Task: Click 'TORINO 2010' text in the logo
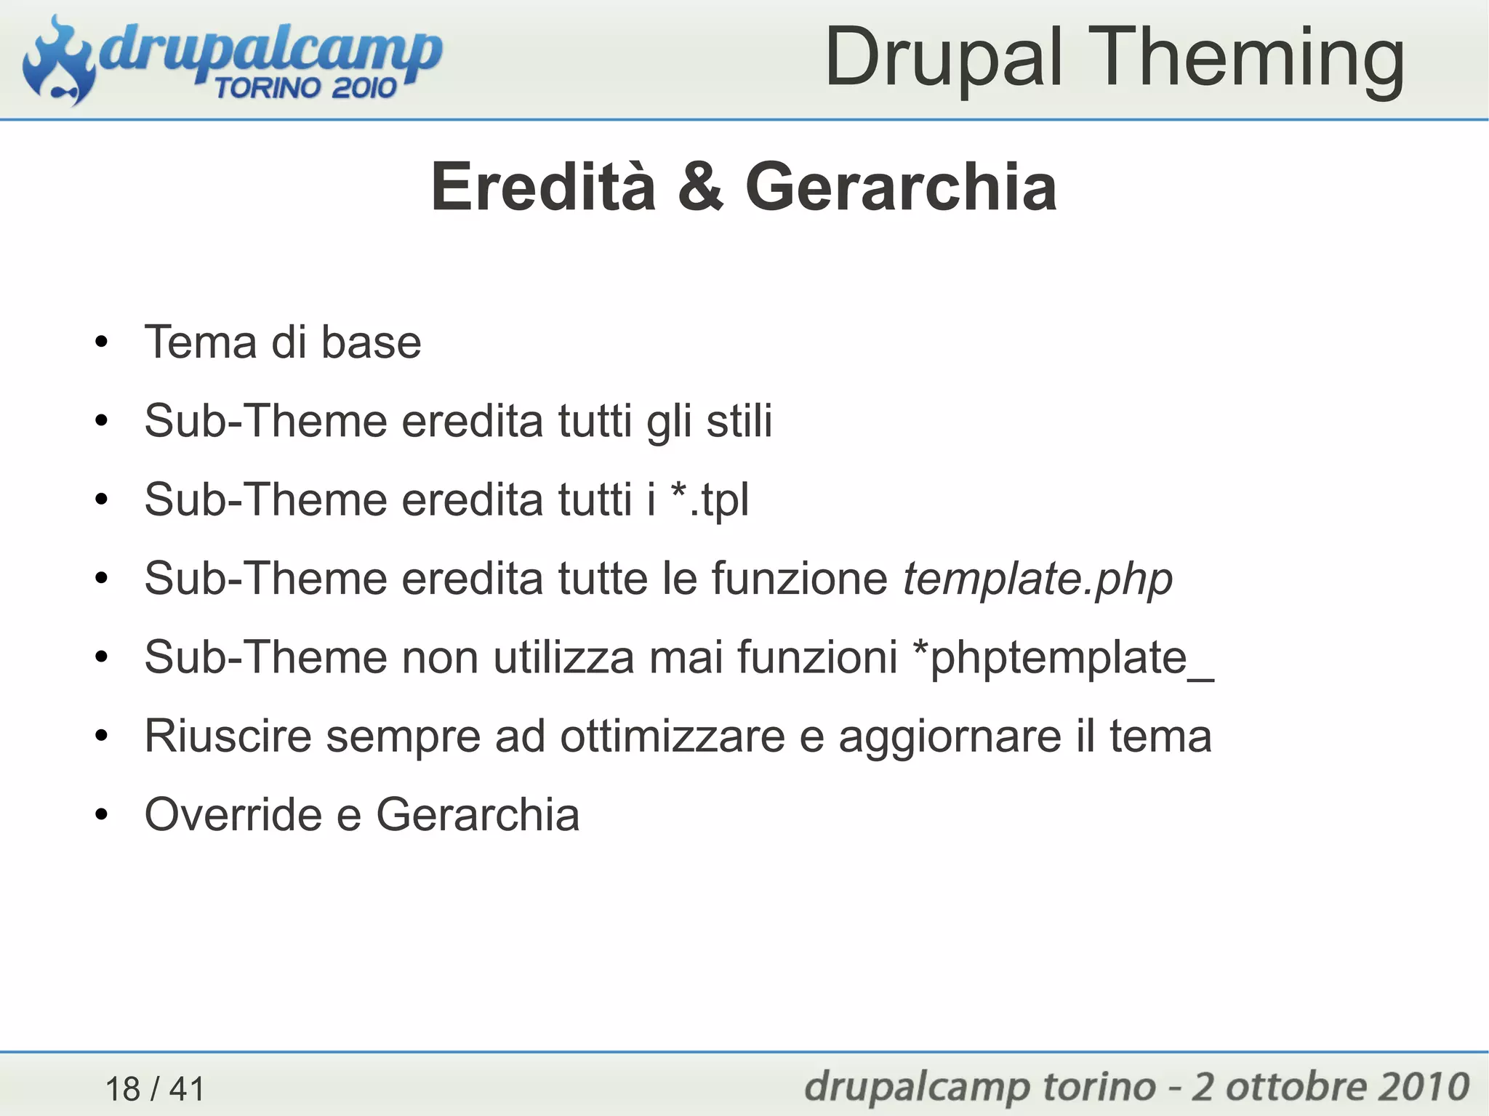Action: (x=305, y=88)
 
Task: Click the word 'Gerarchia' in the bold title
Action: (x=901, y=187)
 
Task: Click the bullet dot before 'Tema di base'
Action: (x=101, y=342)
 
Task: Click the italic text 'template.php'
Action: (x=1038, y=579)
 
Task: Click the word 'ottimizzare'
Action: (x=672, y=736)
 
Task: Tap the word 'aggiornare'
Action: (x=949, y=737)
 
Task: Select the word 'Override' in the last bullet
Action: (x=232, y=814)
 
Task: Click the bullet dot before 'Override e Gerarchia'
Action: (x=101, y=815)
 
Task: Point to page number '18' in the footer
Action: (x=123, y=1089)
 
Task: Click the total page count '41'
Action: (x=187, y=1089)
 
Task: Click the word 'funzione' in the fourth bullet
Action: (x=799, y=579)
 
